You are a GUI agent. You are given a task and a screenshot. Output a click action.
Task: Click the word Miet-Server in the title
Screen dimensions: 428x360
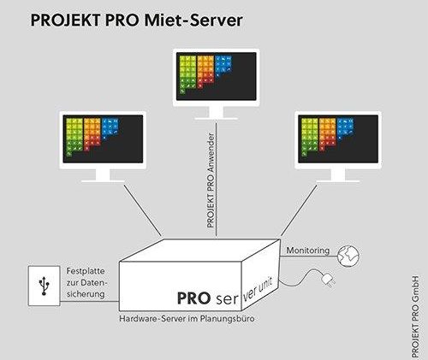pos(193,20)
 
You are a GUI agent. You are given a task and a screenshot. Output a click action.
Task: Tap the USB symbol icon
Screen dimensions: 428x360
pos(44,286)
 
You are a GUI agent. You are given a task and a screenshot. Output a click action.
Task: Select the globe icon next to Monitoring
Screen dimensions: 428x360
pos(348,257)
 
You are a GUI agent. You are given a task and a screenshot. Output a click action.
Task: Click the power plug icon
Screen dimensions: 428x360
pos(328,280)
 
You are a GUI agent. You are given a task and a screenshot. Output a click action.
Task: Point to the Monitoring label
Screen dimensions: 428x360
pos(308,251)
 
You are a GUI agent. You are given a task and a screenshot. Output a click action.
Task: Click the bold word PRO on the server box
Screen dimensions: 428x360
pos(193,298)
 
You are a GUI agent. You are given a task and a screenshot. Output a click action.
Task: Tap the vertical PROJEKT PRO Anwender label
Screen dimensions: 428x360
pos(211,180)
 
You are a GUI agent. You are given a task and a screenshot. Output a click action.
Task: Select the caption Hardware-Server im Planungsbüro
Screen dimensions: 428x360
pos(187,318)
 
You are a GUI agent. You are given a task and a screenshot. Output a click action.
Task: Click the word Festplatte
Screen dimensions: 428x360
pos(86,271)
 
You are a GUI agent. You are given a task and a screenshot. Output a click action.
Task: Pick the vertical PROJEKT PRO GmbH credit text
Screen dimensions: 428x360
pos(415,316)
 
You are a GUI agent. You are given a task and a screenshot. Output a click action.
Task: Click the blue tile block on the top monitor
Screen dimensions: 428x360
pos(223,65)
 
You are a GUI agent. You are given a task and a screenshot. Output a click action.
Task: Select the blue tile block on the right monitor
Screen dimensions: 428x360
pos(345,128)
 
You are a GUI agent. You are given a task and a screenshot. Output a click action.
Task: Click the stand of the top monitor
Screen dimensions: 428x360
pos(216,113)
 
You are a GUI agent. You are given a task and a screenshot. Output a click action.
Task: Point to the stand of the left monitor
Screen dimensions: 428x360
pos(103,175)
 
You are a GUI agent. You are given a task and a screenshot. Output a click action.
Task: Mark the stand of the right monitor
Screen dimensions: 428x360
pos(338,175)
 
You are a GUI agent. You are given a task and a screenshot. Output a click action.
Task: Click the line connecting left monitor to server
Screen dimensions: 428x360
pos(143,210)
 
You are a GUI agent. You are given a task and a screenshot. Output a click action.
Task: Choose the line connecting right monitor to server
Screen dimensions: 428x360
pos(299,210)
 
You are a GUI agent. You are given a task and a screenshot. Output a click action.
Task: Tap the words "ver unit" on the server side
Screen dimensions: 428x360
pos(258,289)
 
